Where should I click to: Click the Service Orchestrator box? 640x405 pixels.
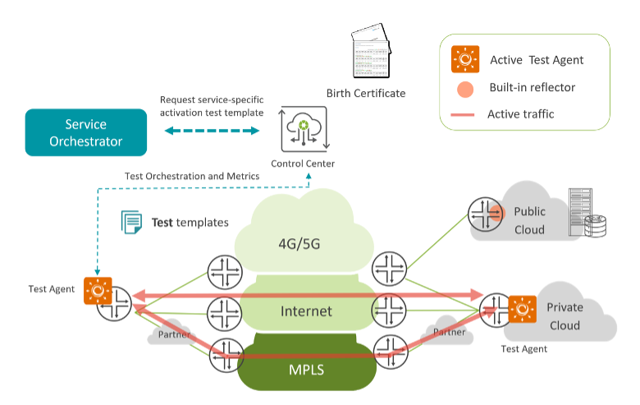point(86,133)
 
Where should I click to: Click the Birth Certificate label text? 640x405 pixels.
point(366,93)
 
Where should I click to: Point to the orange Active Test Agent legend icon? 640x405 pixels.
point(465,60)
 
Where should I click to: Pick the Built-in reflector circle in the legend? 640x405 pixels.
point(465,88)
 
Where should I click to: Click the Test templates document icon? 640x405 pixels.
point(131,222)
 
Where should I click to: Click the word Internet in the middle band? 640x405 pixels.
point(306,311)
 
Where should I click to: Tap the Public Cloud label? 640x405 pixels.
point(529,221)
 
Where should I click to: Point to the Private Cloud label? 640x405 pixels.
point(565,316)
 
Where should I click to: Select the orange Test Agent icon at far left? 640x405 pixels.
point(97,290)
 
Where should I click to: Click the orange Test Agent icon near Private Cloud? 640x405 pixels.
point(522,310)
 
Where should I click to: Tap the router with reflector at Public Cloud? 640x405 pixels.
point(485,214)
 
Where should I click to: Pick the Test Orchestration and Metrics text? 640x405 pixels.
point(192,176)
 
